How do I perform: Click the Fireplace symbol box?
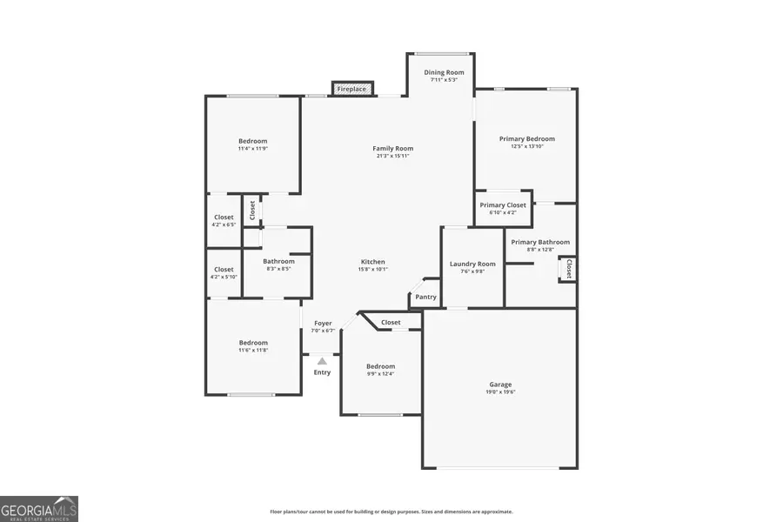click(x=352, y=89)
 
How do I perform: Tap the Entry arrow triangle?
click(x=323, y=360)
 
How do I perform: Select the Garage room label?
click(x=500, y=385)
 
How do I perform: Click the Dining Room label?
click(x=444, y=72)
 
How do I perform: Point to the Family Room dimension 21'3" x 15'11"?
click(x=392, y=156)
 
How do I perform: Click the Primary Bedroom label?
click(x=526, y=138)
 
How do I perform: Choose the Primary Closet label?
click(x=503, y=205)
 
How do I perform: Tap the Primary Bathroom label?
click(x=540, y=242)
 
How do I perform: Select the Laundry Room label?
click(x=472, y=264)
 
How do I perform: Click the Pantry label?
click(x=425, y=297)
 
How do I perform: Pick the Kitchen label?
click(x=373, y=262)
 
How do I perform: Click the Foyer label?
click(x=323, y=324)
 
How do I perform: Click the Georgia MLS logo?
click(x=39, y=508)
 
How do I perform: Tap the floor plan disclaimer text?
click(x=391, y=512)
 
